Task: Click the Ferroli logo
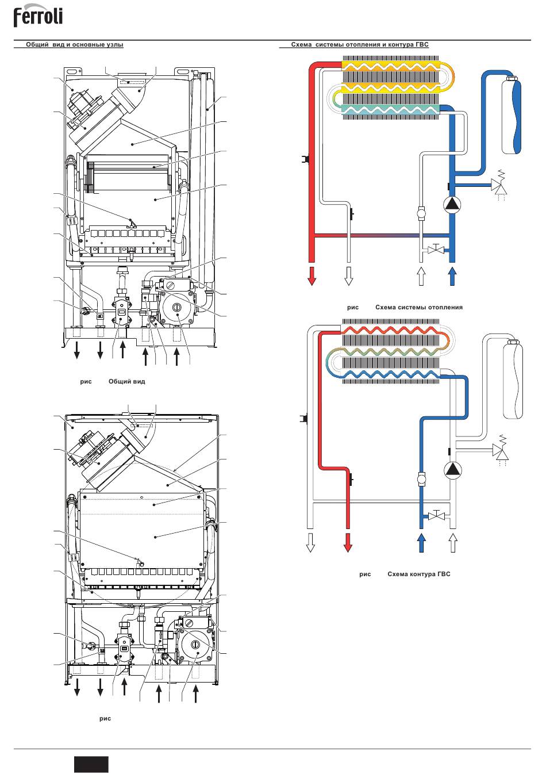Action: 38,16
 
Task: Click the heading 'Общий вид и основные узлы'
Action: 75,44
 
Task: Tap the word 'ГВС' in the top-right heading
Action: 422,44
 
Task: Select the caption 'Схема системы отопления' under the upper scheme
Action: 418,307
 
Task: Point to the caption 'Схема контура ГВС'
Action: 418,574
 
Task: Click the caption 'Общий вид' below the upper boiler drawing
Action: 126,381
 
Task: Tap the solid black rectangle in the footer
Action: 91,764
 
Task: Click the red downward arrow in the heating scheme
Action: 312,276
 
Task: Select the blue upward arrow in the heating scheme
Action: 452,276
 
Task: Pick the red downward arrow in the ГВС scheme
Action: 348,542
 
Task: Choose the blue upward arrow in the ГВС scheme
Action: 421,542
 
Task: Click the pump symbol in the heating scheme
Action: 452,205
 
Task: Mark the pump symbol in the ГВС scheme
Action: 453,470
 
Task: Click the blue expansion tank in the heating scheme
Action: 512,114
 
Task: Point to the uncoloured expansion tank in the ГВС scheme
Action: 513,380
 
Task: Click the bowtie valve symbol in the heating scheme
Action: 436,249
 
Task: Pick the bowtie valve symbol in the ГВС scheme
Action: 437,515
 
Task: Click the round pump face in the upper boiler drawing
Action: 177,308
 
